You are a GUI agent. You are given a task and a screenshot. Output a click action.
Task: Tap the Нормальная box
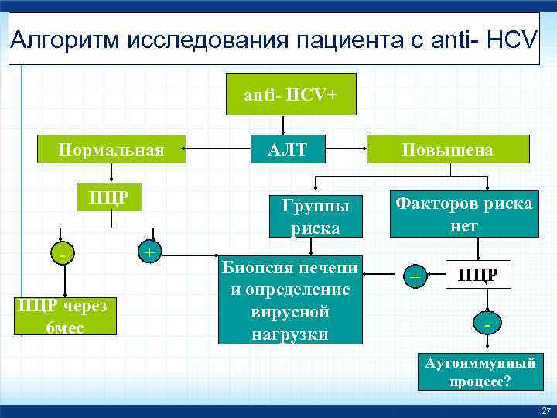click(x=112, y=149)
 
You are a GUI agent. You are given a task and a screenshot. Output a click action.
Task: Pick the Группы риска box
click(x=316, y=216)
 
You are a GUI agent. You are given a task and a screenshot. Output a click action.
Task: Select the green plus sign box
click(x=149, y=252)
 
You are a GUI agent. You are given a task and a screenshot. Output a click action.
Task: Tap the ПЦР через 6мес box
click(x=66, y=315)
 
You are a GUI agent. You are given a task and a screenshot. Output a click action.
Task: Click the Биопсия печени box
click(x=289, y=300)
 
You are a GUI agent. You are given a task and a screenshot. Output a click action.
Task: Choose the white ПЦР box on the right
click(x=479, y=273)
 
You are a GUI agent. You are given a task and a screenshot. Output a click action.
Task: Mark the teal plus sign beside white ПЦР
click(x=415, y=276)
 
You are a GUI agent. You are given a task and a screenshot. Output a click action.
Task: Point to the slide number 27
click(x=547, y=409)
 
